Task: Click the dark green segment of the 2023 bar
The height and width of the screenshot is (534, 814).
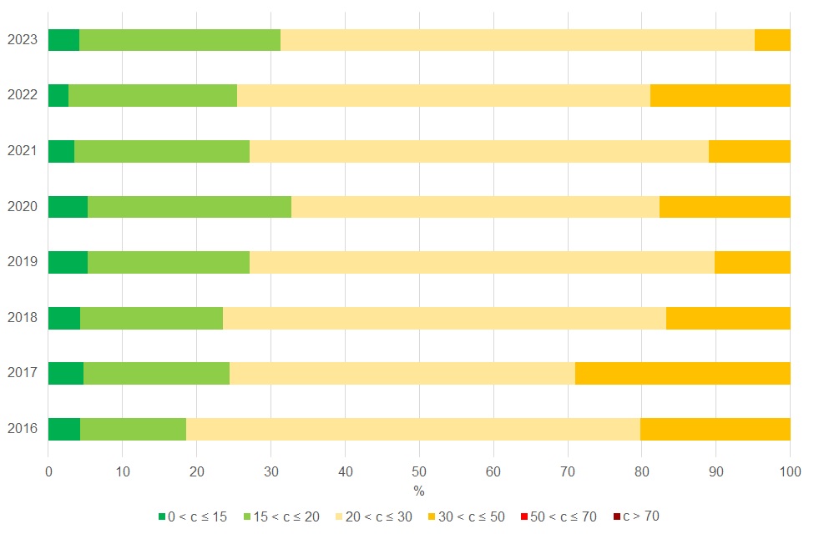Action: click(x=63, y=40)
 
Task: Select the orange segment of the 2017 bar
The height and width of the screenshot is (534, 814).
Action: click(x=682, y=373)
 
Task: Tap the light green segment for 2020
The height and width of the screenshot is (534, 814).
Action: click(x=190, y=207)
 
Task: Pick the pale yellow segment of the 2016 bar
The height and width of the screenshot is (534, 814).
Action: click(x=412, y=429)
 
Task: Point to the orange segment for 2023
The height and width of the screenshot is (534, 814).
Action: click(x=772, y=40)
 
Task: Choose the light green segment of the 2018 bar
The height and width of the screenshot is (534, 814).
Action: click(x=151, y=318)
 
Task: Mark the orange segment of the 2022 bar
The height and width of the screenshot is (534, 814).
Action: click(x=720, y=95)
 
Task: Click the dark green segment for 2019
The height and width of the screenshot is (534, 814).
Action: click(x=68, y=262)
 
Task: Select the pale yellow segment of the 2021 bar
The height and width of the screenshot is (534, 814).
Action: click(x=478, y=151)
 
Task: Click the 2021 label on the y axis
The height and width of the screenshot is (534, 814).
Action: click(x=22, y=151)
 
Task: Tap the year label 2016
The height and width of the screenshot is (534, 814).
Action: click(x=22, y=429)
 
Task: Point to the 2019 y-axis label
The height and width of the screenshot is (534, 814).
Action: click(x=22, y=262)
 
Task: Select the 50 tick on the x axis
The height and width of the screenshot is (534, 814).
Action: click(x=419, y=471)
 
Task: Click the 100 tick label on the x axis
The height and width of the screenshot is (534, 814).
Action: click(x=790, y=471)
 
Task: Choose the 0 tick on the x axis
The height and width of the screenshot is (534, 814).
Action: click(x=48, y=471)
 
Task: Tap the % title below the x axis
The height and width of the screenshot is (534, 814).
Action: click(x=419, y=491)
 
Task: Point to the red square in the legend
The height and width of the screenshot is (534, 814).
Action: click(x=523, y=517)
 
